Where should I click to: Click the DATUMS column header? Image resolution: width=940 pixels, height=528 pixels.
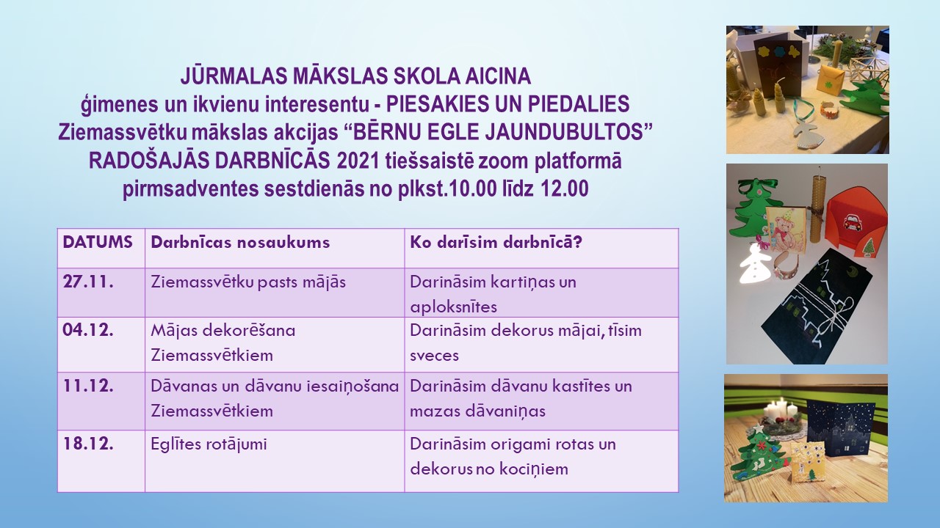[x=98, y=242]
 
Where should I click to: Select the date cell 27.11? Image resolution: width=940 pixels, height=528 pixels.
[x=88, y=282]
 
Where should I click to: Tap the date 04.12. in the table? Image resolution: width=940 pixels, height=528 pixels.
[x=88, y=330]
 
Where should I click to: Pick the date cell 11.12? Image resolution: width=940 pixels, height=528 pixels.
[x=88, y=386]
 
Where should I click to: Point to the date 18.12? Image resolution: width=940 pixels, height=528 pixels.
[x=88, y=444]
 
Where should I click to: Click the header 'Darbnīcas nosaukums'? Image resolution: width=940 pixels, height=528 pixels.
[x=240, y=242]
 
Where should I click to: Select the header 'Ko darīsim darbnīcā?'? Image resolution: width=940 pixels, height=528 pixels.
[x=496, y=242]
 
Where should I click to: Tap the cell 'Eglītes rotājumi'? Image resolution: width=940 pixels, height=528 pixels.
[x=209, y=444]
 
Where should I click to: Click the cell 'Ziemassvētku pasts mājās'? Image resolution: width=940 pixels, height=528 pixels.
[x=248, y=282]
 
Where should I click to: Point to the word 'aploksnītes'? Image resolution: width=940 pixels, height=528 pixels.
[x=453, y=307]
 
